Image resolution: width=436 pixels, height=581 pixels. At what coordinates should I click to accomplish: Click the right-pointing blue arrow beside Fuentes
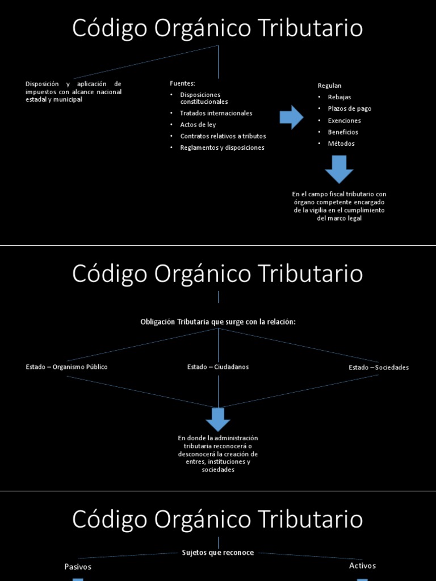coord(291,117)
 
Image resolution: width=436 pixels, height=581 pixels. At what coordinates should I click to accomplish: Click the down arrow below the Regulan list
coord(339,169)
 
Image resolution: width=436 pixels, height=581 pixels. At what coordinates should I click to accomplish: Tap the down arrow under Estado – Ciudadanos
coord(218,419)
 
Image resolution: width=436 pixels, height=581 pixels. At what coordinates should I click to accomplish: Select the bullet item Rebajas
coord(339,97)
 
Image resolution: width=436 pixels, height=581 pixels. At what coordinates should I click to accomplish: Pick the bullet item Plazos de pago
coord(349,108)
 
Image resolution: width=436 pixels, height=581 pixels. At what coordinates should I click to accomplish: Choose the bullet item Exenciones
coord(344,120)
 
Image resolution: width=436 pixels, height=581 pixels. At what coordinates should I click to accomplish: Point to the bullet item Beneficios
coord(343,132)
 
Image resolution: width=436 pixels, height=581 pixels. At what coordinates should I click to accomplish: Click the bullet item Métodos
coord(341,144)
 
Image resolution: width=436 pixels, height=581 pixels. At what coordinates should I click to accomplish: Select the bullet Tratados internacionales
coord(216,113)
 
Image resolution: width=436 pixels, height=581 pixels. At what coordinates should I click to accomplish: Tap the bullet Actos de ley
coord(198,124)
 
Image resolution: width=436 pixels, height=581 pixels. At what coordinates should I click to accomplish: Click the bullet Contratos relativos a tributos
coord(223,136)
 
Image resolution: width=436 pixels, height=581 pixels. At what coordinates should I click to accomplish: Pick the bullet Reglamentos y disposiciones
coord(222,148)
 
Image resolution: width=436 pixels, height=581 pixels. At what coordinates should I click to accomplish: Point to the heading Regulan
coord(329,86)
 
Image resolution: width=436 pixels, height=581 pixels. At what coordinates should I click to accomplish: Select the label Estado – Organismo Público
coord(66,367)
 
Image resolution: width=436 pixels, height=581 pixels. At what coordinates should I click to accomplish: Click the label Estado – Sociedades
coord(379,368)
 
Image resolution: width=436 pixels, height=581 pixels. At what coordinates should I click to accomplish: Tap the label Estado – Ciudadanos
coord(218,367)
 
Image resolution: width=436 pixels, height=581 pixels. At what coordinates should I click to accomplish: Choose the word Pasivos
coord(78,567)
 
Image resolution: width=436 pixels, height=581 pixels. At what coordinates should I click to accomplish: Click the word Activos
coord(362,566)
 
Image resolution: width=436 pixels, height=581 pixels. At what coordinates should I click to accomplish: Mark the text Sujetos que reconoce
coord(218,553)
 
